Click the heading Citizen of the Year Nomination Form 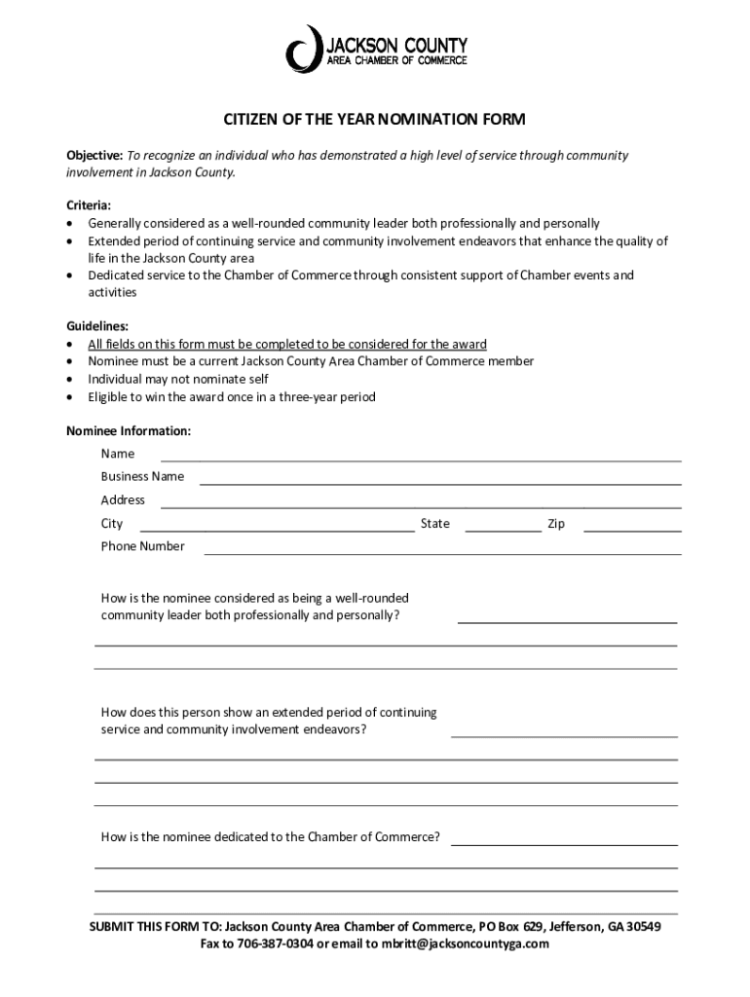click(375, 120)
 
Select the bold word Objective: click(94, 156)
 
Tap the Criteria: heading click(89, 205)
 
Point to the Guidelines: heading click(96, 326)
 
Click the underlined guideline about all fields click(287, 345)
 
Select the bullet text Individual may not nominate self click(178, 379)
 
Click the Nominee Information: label click(128, 430)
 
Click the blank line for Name click(420, 459)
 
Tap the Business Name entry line click(439, 482)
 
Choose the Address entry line click(420, 505)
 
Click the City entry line click(278, 529)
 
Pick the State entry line click(503, 529)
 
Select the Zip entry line click(631, 529)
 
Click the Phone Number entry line click(441, 552)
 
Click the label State click(434, 524)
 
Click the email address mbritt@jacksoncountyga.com click(466, 943)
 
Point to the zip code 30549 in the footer click(642, 926)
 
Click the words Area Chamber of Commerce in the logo click(395, 60)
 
